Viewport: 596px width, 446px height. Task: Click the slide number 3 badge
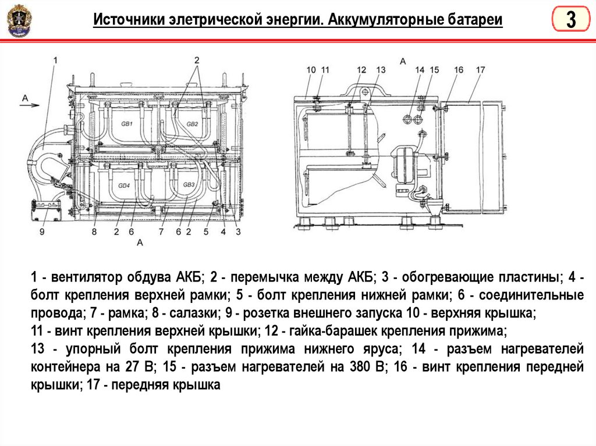click(570, 20)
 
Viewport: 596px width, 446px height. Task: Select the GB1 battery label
click(126, 124)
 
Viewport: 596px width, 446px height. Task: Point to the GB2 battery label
click(192, 124)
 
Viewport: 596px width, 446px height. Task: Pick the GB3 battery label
click(189, 185)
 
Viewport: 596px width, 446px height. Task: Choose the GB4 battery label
click(124, 185)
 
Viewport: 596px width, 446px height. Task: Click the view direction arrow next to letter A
click(31, 105)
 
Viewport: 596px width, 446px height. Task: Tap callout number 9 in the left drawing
click(42, 231)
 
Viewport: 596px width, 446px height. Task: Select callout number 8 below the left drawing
click(94, 231)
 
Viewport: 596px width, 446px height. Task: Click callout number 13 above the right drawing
click(381, 70)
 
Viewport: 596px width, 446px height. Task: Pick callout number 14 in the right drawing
click(420, 70)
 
